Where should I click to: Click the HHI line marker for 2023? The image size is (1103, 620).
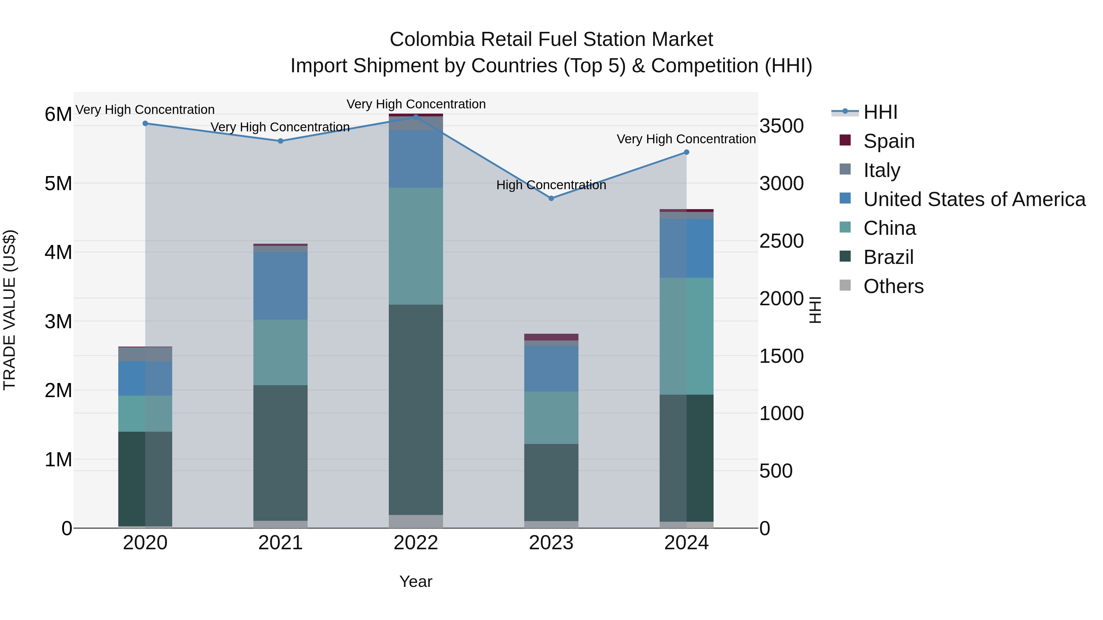coord(551,198)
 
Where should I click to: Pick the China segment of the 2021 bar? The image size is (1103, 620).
coord(280,352)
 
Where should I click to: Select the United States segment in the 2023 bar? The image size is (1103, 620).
coord(551,369)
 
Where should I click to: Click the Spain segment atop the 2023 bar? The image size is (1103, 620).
coord(551,337)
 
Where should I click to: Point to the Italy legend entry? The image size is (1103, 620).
coord(881,170)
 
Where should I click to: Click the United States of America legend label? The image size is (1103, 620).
coord(974,199)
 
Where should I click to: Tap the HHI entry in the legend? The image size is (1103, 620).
coord(880,112)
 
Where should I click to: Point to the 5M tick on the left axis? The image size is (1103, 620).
coord(58,184)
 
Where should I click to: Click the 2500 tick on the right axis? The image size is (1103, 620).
coord(781,241)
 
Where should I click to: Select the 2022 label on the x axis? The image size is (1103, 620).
coord(416,543)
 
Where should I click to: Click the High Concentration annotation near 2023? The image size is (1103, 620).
coord(551,185)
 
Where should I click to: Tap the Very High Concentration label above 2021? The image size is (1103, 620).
coord(280,127)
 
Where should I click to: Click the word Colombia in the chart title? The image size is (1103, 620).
coord(432,39)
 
